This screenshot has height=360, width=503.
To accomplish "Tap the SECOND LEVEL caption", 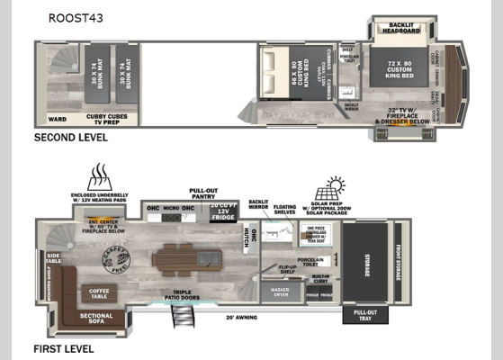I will click(71, 138).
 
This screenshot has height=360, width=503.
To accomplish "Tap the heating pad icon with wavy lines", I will click(98, 176).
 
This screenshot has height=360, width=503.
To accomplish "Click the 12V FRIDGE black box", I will click(222, 211).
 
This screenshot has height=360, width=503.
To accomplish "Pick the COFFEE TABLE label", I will click(98, 292).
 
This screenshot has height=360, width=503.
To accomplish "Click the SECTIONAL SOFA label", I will click(96, 317).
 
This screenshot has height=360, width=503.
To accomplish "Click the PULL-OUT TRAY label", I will click(360, 317).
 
